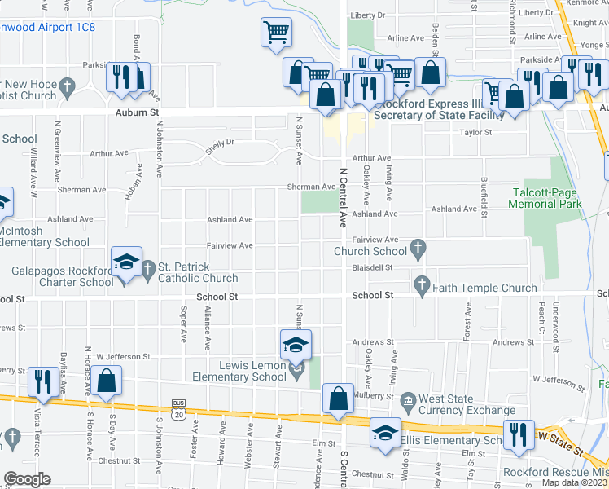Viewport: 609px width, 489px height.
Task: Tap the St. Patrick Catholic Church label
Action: (198, 272)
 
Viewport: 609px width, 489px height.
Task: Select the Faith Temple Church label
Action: (484, 288)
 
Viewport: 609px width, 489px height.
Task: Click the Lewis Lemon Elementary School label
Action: (239, 371)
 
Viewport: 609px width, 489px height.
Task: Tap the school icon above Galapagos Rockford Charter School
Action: (126, 262)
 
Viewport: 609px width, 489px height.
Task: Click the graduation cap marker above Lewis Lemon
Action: (296, 344)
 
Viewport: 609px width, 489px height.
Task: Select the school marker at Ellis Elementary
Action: (385, 432)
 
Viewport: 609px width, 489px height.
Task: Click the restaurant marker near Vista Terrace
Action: (40, 381)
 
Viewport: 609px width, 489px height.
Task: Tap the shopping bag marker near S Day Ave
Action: (106, 381)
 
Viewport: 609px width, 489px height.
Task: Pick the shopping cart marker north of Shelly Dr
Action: (276, 33)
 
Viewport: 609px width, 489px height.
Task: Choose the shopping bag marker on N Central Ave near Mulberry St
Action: (338, 399)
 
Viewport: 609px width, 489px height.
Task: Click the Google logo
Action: (27, 479)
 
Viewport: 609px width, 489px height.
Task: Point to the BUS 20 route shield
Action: (179, 409)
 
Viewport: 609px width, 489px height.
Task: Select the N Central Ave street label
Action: (343, 196)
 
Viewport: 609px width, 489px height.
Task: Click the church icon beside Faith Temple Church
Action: (421, 286)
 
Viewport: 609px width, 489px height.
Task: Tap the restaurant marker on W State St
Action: (517, 435)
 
